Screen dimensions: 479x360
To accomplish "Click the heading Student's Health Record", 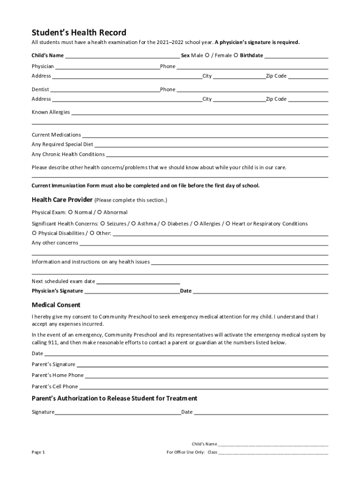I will pyautogui.click(x=79, y=32).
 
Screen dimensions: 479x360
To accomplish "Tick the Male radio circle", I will pyautogui.click(x=207, y=55).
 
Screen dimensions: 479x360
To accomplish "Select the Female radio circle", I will pyautogui.click(x=236, y=55).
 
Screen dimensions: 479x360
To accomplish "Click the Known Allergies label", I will pyautogui.click(x=50, y=112).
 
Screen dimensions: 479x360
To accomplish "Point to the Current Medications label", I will pyautogui.click(x=56, y=135).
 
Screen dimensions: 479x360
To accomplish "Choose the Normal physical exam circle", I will pyautogui.click(x=71, y=212).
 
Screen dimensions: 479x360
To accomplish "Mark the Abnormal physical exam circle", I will pyautogui.click(x=100, y=212).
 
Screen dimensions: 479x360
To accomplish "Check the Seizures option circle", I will pyautogui.click(x=102, y=224).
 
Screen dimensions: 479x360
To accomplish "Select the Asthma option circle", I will pyautogui.click(x=133, y=224).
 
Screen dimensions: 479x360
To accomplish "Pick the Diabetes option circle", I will pyautogui.click(x=164, y=224).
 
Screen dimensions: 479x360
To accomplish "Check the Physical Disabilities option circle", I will pyautogui.click(x=34, y=233).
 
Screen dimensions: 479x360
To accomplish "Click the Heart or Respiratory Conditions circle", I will pyautogui.click(x=228, y=224).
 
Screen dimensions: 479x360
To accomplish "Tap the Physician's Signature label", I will pyautogui.click(x=57, y=291).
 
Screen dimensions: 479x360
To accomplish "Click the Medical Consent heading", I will pyautogui.click(x=56, y=305).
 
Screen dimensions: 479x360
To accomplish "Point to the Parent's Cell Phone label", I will pyautogui.click(x=55, y=386).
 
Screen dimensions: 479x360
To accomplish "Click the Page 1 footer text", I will pyautogui.click(x=38, y=452).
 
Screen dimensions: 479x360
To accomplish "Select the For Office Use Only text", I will pyautogui.click(x=186, y=452).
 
